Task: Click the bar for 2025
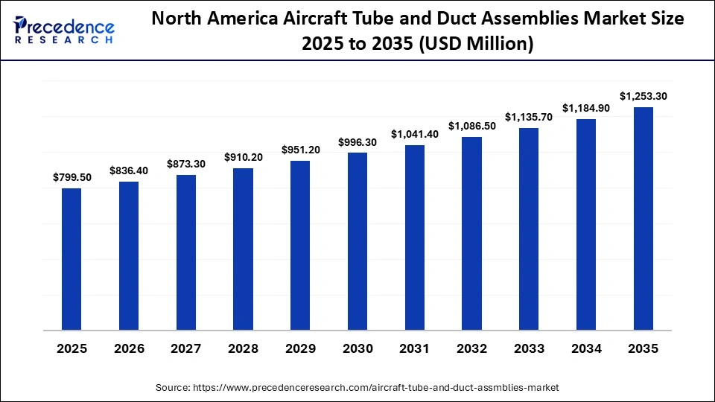tap(71, 259)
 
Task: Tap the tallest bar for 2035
tap(643, 218)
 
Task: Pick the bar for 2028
tap(244, 249)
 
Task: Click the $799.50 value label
tap(71, 177)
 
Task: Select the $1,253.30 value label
tap(643, 96)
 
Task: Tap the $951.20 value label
tap(301, 150)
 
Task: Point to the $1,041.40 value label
tap(415, 134)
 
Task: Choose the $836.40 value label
tap(129, 170)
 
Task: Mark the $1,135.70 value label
tap(530, 117)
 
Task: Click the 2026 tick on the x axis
tap(129, 348)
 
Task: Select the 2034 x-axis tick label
tap(586, 348)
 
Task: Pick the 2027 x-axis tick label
tap(186, 348)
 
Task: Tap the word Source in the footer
tap(173, 388)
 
